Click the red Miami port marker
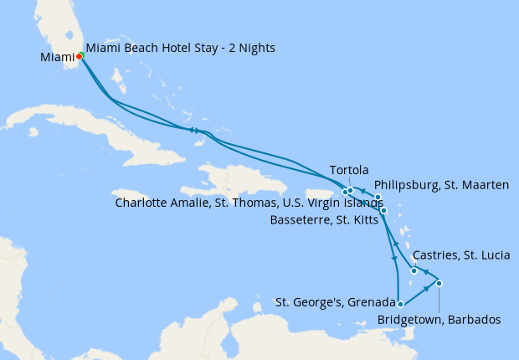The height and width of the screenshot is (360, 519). coord(80,57)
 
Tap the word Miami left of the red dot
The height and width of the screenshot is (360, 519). coord(57,57)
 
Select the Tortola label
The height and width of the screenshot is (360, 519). coord(350,169)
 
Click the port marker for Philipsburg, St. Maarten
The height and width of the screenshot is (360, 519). coord(378,198)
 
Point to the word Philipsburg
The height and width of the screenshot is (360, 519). coord(406,185)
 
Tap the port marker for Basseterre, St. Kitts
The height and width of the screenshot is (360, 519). coord(383,210)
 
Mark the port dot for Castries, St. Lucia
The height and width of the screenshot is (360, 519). coord(414,270)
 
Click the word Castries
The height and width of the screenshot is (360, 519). coord(437,255)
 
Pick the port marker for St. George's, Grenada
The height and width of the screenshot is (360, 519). coord(401,304)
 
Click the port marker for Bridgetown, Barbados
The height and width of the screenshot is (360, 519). coord(439,283)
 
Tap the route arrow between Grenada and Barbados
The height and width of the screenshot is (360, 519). coord(426,290)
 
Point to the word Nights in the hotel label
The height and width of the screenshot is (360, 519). coord(257,49)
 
